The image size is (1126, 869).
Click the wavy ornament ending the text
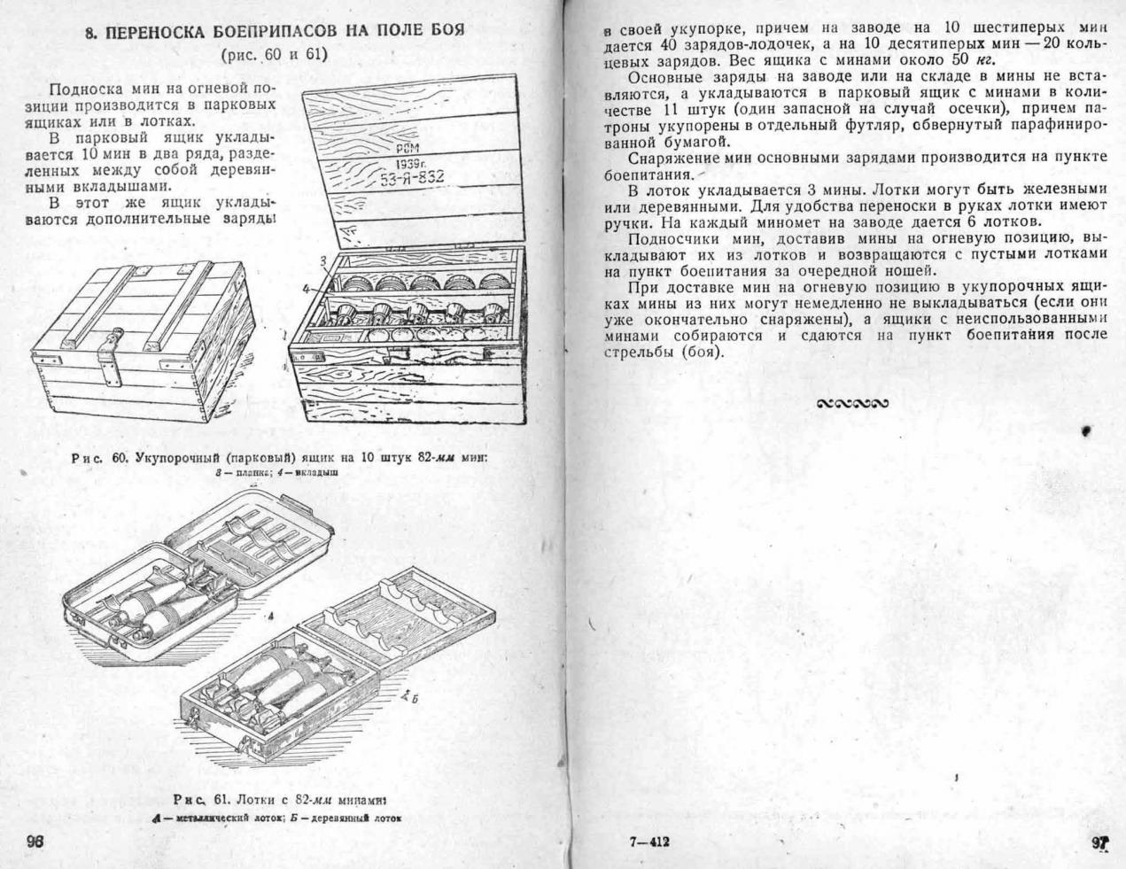coord(850,404)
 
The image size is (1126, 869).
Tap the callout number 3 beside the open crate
coord(324,260)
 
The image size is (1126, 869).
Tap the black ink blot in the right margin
coord(1086,431)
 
